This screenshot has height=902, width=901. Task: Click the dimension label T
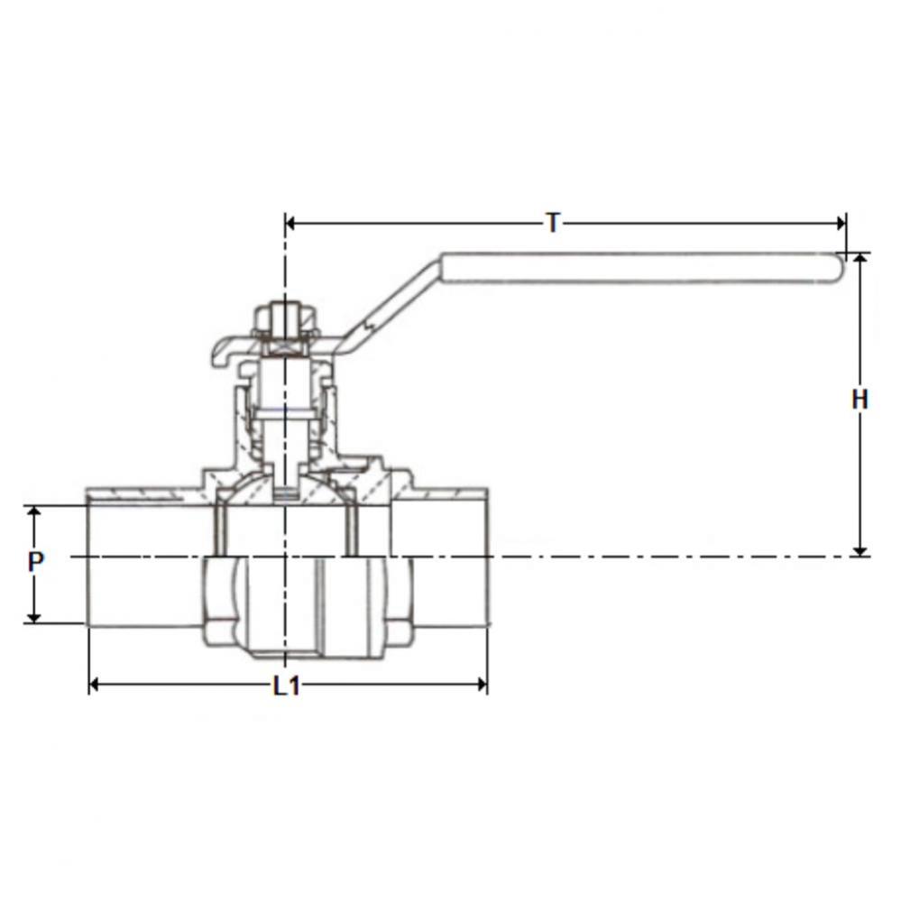coord(553,222)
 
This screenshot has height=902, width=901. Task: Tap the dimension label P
coord(35,563)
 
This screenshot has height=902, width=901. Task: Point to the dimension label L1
coord(286,686)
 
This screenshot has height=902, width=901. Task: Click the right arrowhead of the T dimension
coord(841,223)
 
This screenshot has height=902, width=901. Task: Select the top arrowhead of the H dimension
coord(860,259)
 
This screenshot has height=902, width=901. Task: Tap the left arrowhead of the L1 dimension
coord(95,686)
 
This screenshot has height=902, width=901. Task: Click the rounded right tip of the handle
coord(839,267)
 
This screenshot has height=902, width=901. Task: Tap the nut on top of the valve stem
coord(285,320)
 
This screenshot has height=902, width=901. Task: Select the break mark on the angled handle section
coord(369,324)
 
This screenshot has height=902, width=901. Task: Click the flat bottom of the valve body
coord(285,652)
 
